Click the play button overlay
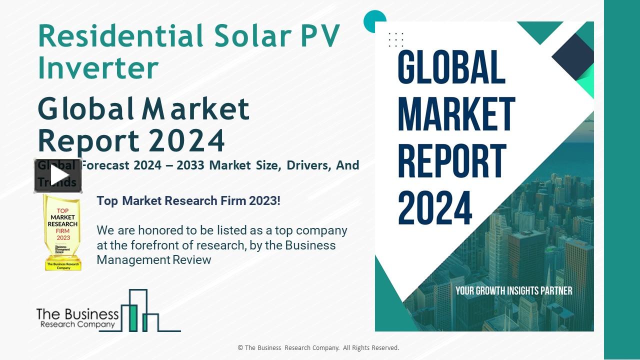click(x=58, y=175)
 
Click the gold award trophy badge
click(x=62, y=232)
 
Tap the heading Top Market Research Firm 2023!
click(x=188, y=201)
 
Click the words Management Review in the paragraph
click(x=154, y=260)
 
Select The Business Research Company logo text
click(x=77, y=318)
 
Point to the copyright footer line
click(x=318, y=348)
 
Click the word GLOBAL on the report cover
click(x=451, y=67)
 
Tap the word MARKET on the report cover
click(x=456, y=115)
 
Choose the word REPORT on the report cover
click(x=452, y=161)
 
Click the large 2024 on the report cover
click(x=435, y=208)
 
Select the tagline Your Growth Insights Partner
click(x=513, y=290)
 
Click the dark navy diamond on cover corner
click(x=573, y=56)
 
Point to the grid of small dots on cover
click(x=396, y=39)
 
